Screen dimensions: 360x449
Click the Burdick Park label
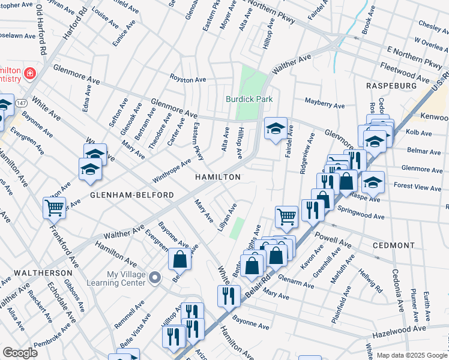tap(249, 99)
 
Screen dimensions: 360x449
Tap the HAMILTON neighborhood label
tap(218, 177)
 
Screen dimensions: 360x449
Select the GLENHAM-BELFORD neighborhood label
tap(132, 196)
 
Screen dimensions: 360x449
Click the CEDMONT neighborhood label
tap(394, 245)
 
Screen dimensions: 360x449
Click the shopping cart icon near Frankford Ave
tap(54, 208)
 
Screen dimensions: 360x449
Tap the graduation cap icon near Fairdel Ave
tap(276, 128)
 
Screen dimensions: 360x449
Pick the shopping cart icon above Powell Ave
tap(286, 216)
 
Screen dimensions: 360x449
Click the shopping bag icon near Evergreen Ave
tap(179, 259)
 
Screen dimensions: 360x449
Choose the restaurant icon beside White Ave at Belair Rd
tap(228, 295)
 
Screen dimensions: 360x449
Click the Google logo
tap(20, 353)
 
